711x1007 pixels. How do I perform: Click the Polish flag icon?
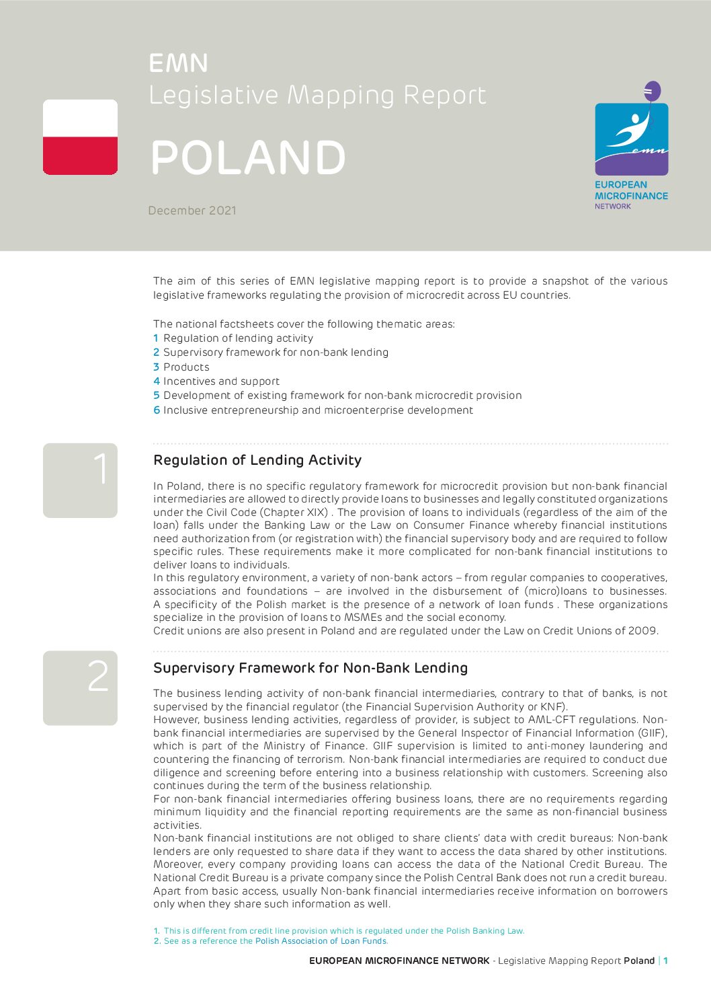click(80, 137)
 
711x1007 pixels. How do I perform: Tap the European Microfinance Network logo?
click(631, 145)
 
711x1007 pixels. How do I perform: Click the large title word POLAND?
click(248, 158)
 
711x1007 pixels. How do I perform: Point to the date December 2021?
click(192, 211)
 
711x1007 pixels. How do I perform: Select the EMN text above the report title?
click(178, 63)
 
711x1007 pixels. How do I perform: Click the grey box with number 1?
click(80, 480)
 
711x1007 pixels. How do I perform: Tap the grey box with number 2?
click(80, 687)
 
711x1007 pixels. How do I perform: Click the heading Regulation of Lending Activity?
click(257, 460)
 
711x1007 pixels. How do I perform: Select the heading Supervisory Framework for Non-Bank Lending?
click(310, 668)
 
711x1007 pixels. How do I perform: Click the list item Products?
click(186, 367)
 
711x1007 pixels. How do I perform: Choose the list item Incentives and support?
click(221, 381)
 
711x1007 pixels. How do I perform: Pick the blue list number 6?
click(157, 410)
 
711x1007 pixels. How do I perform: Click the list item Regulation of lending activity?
click(238, 338)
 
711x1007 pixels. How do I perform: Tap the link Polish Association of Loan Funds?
click(321, 941)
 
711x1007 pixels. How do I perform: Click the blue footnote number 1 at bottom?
click(157, 931)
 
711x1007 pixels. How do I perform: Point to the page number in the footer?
click(666, 961)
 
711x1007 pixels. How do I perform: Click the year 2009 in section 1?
click(642, 631)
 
